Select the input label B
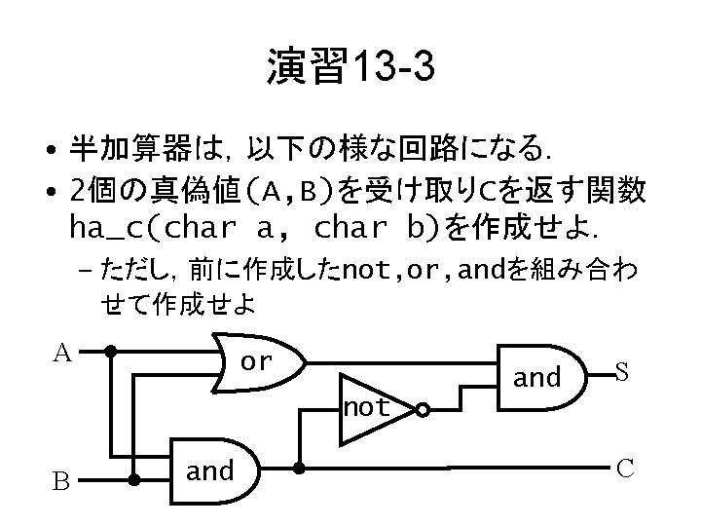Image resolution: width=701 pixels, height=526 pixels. pyautogui.click(x=60, y=481)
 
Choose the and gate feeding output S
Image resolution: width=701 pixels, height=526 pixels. pyautogui.click(x=536, y=376)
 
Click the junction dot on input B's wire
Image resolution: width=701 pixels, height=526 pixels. pyautogui.click(x=134, y=480)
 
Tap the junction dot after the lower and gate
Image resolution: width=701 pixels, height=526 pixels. pyautogui.click(x=298, y=469)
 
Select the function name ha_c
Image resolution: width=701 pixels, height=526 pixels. pyautogui.click(x=107, y=227)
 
